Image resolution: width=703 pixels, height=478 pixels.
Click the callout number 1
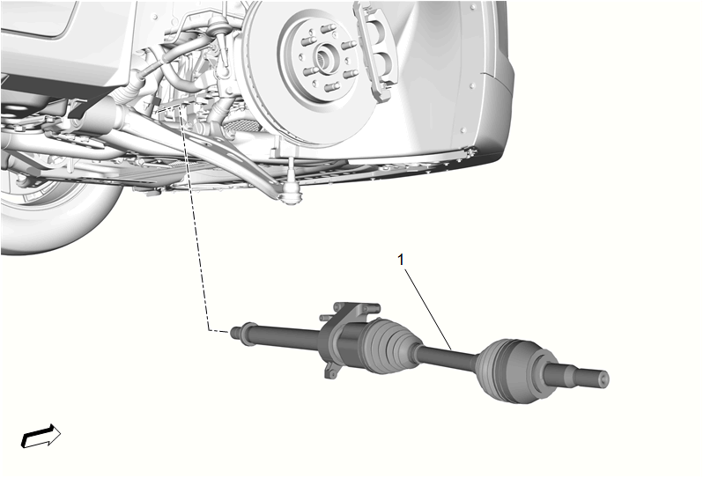pos(401,260)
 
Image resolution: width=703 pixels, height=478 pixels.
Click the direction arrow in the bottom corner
pos(41,436)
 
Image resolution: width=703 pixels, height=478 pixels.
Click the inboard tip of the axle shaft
pos(234,333)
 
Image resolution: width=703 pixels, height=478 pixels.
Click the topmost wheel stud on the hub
pos(329,30)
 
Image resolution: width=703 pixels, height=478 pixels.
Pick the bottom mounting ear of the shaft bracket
pos(331,371)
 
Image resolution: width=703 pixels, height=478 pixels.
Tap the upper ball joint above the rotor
pos(218,29)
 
